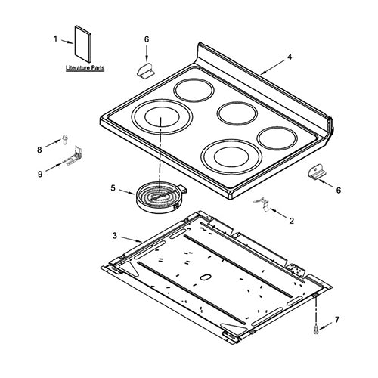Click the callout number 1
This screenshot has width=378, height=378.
click(x=55, y=39)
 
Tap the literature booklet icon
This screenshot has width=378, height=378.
click(x=82, y=44)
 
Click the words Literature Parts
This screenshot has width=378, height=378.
click(x=85, y=68)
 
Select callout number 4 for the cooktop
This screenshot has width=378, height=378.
click(x=290, y=57)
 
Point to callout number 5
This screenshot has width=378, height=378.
click(x=113, y=188)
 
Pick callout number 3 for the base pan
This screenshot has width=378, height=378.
click(x=115, y=236)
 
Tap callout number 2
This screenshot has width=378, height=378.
click(x=292, y=221)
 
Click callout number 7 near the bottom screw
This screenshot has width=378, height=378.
click(x=337, y=320)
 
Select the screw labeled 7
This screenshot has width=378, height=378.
click(x=316, y=330)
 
